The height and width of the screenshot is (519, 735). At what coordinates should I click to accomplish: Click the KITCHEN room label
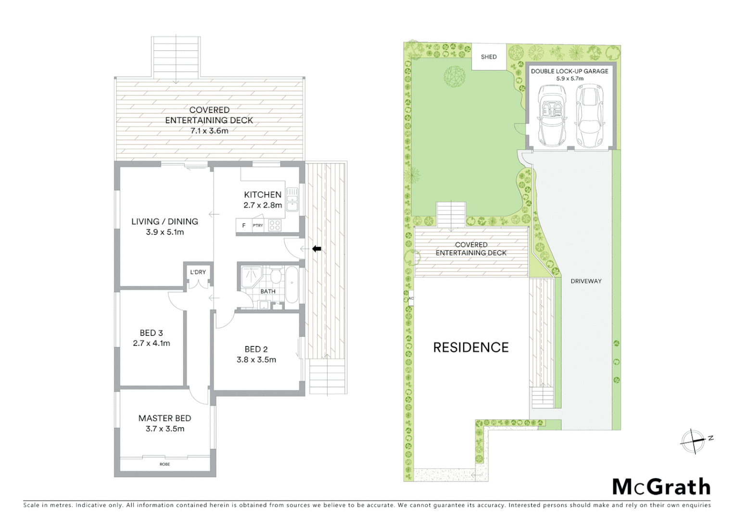(262, 195)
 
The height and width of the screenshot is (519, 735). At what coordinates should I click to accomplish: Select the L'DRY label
(198, 272)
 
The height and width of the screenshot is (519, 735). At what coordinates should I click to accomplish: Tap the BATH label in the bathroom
(268, 291)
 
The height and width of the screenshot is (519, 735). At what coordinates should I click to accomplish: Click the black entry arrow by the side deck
(317, 248)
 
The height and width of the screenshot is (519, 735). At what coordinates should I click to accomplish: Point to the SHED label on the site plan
(488, 57)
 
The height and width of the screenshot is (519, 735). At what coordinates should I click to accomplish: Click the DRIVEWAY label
(586, 281)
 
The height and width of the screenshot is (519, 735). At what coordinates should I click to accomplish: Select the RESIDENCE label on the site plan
(470, 347)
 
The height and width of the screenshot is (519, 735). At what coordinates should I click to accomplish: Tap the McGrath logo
(661, 487)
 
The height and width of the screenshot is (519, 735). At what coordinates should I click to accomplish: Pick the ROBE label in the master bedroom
(165, 464)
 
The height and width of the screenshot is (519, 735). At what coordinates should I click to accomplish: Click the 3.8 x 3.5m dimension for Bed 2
(256, 359)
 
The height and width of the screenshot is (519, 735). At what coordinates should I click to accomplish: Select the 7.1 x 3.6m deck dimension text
(209, 131)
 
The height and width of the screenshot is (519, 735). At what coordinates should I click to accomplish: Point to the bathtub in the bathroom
(291, 285)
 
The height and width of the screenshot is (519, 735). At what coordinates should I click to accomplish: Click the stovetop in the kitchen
(274, 225)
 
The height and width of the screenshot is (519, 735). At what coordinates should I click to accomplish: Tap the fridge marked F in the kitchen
(244, 225)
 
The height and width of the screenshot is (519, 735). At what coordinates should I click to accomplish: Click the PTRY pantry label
(258, 225)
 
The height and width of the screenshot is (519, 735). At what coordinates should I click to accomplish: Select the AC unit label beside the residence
(410, 298)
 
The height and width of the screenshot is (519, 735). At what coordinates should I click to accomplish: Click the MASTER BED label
(165, 418)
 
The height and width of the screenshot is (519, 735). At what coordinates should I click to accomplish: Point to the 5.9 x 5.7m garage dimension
(570, 78)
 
